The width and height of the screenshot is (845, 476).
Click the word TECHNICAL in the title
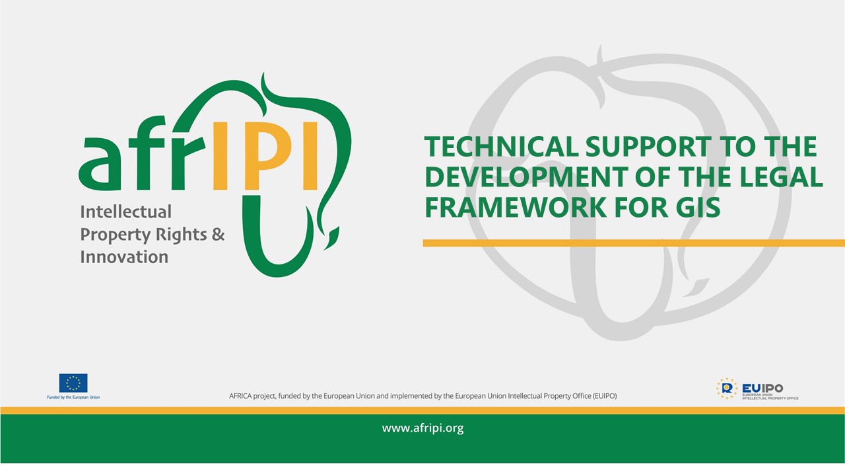coord(501,147)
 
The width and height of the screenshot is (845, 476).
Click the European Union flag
coord(73,383)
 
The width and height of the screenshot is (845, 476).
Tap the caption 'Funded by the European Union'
coord(73,397)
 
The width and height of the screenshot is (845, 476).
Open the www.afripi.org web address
coord(422,428)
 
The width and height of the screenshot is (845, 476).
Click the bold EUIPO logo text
coord(762,388)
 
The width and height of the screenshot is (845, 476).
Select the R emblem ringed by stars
coord(727,388)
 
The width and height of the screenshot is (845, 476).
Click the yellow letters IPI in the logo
coord(265,155)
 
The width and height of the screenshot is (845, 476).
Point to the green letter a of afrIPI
coord(100,163)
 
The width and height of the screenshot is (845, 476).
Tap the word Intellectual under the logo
coord(125,212)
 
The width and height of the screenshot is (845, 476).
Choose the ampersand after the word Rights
coord(218,234)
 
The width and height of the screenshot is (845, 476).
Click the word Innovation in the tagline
coord(124,257)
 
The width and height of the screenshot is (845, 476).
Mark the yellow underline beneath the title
coord(634,243)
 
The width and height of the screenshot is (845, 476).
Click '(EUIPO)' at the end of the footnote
coord(604,396)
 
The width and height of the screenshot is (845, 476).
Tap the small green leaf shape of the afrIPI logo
coord(332,238)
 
